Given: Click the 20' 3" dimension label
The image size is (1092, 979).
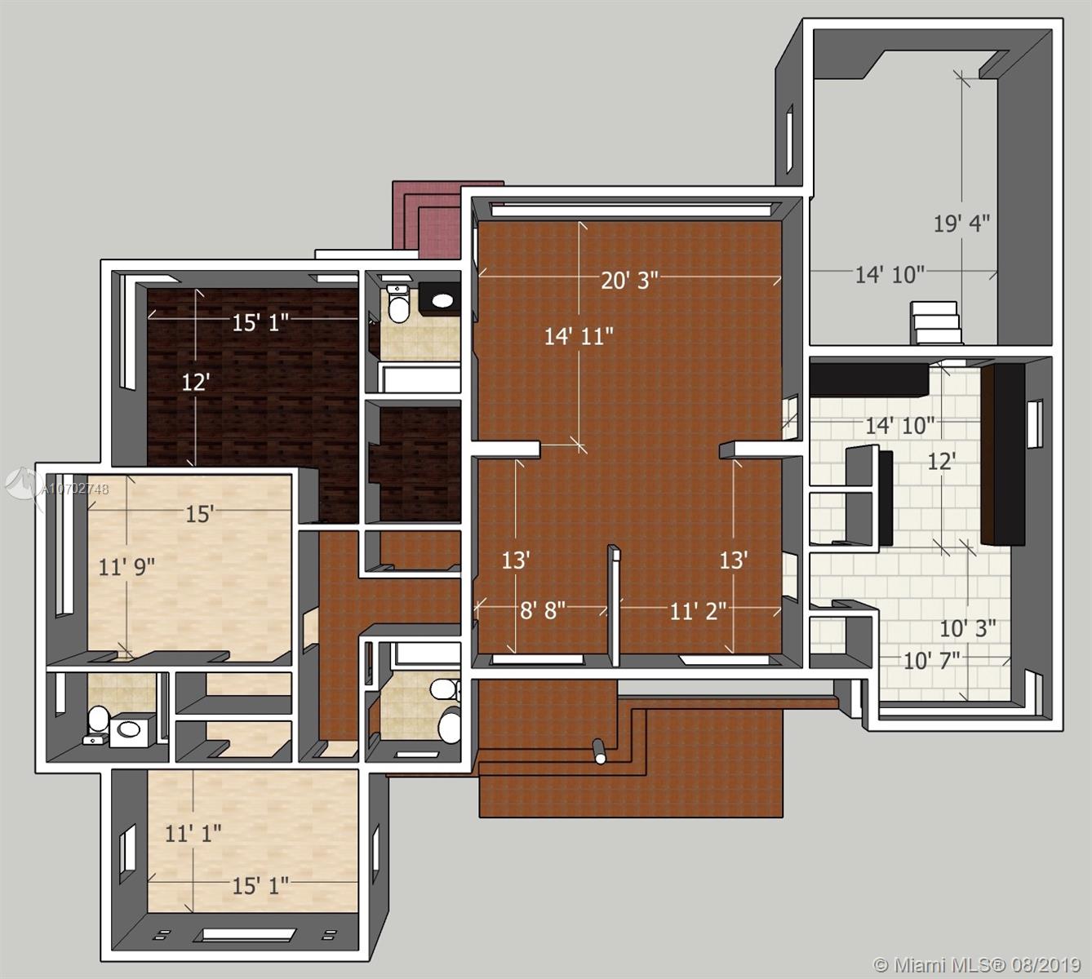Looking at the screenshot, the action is pyautogui.click(x=629, y=280).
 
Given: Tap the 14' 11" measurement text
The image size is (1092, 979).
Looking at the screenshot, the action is pyautogui.click(x=579, y=337).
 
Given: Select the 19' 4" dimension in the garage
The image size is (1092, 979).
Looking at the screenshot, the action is pyautogui.click(x=961, y=223).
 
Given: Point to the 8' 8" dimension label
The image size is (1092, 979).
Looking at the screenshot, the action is pyautogui.click(x=542, y=610).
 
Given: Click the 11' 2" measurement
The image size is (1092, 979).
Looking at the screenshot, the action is pyautogui.click(x=698, y=612).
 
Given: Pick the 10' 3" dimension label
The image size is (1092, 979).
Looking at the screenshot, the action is pyautogui.click(x=967, y=628).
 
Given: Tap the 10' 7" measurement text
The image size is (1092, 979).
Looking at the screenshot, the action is pyautogui.click(x=931, y=661).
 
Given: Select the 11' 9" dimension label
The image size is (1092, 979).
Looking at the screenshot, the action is pyautogui.click(x=127, y=567).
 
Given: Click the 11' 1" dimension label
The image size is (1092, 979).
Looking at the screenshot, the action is pyautogui.click(x=193, y=834).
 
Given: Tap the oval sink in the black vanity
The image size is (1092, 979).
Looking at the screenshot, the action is pyautogui.click(x=443, y=300).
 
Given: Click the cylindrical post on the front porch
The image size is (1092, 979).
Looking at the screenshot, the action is pyautogui.click(x=599, y=751).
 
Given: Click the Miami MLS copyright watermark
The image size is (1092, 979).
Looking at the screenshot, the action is pyautogui.click(x=977, y=963).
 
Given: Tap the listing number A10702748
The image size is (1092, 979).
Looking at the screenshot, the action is pyautogui.click(x=75, y=489).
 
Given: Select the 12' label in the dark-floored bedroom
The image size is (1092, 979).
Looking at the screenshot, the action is pyautogui.click(x=195, y=383).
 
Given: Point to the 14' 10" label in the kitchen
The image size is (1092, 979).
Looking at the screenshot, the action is pyautogui.click(x=899, y=426).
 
